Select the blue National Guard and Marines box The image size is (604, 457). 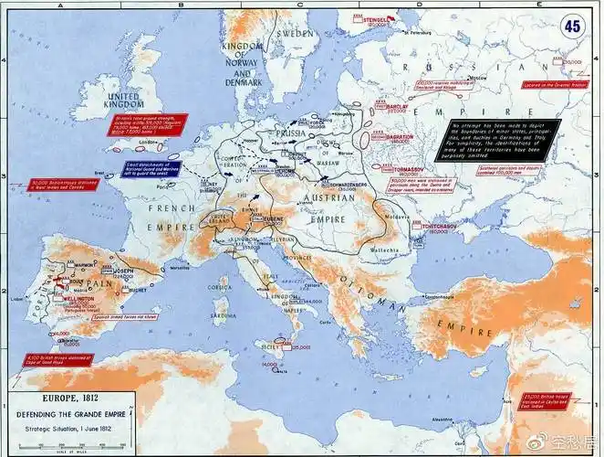point(152,169)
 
